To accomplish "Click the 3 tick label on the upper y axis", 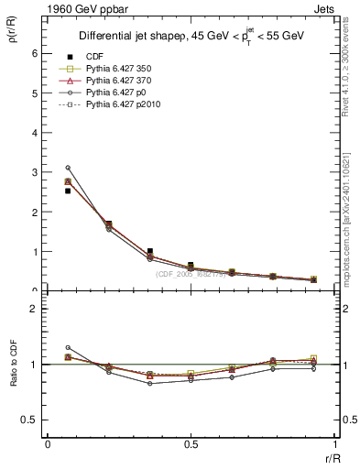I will (36, 172).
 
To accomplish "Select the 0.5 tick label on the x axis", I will (191, 443).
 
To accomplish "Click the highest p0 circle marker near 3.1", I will (68, 168).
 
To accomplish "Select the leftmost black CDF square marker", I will (68, 191).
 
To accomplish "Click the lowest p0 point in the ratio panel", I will (149, 383).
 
